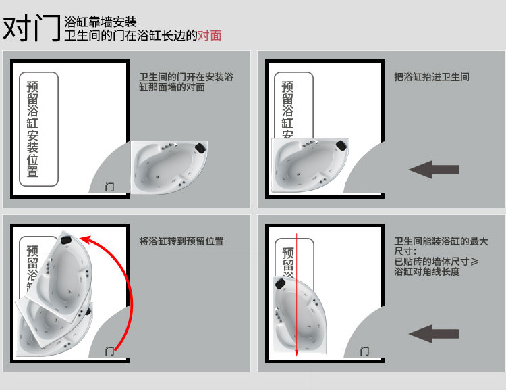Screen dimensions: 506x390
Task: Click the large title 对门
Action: [x=32, y=28]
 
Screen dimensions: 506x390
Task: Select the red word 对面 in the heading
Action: [x=209, y=36]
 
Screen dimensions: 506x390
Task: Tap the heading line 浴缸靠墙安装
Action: [x=101, y=22]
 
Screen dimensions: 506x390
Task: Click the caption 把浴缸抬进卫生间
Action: [x=432, y=77]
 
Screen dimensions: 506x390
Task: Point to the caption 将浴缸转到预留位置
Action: [x=181, y=241]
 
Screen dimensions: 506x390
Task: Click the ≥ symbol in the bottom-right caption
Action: [x=474, y=262]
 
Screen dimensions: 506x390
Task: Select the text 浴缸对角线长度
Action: [x=426, y=272]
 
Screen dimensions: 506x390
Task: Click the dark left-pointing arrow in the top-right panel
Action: [x=434, y=170]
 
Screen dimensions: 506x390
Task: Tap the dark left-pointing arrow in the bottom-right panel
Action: [x=434, y=334]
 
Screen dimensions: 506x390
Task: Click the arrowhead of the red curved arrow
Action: [x=86, y=240]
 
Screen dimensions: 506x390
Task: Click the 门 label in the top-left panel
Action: [x=109, y=187]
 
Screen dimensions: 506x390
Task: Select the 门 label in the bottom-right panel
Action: [x=364, y=351]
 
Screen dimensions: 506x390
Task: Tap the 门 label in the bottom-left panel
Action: [x=109, y=351]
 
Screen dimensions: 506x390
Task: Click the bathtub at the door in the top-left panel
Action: [x=169, y=167]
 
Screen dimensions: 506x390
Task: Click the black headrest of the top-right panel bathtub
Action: [x=342, y=145]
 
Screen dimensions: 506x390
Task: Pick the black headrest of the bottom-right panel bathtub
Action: [x=280, y=284]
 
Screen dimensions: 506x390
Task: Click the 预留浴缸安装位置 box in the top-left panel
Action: [x=38, y=129]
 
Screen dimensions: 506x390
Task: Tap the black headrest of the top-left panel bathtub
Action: [x=201, y=147]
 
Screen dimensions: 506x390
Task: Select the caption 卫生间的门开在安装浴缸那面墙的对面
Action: [x=186, y=82]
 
